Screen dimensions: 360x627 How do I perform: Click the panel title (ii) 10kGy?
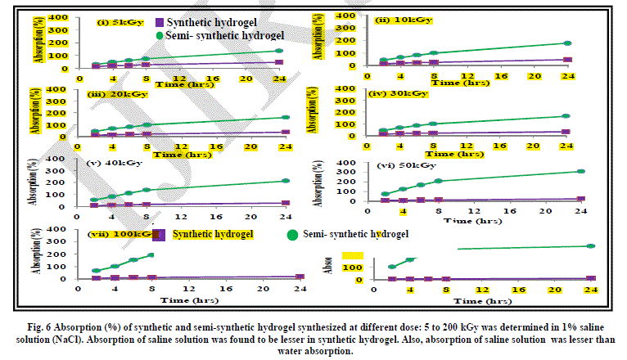click(x=394, y=20)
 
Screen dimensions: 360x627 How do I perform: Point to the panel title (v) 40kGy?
click(x=114, y=163)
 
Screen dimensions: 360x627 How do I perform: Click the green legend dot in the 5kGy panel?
click(x=183, y=34)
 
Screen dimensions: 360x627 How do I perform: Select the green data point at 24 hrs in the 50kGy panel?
click(x=580, y=172)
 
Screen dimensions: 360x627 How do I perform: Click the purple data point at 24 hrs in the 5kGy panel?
click(x=279, y=62)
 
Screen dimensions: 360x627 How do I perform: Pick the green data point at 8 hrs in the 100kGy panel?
click(x=151, y=255)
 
